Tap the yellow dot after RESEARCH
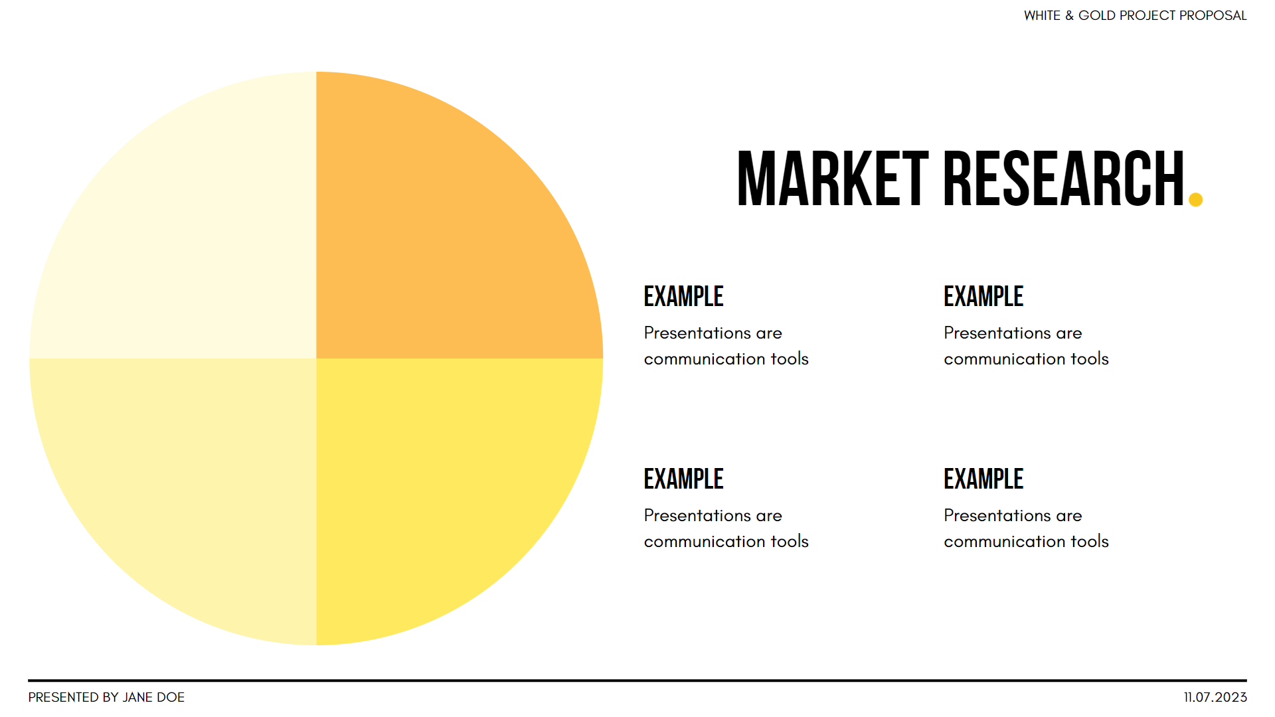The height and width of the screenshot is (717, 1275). (x=1195, y=199)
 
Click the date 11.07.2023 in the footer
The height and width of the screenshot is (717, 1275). (x=1215, y=697)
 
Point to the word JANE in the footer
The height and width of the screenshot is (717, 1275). (x=138, y=697)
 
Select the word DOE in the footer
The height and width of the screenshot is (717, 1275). (x=171, y=697)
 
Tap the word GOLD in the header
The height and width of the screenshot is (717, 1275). (x=1097, y=15)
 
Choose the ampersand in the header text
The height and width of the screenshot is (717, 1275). (x=1069, y=15)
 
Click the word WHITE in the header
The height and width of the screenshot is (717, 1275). (x=1043, y=15)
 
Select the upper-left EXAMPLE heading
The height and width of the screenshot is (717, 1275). (x=683, y=296)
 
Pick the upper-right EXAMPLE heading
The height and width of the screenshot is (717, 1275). (x=983, y=296)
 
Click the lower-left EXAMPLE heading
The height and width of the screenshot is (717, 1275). (x=683, y=479)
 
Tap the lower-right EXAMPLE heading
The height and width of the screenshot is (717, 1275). (x=983, y=479)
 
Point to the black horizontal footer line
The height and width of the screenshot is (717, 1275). (x=637, y=680)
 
